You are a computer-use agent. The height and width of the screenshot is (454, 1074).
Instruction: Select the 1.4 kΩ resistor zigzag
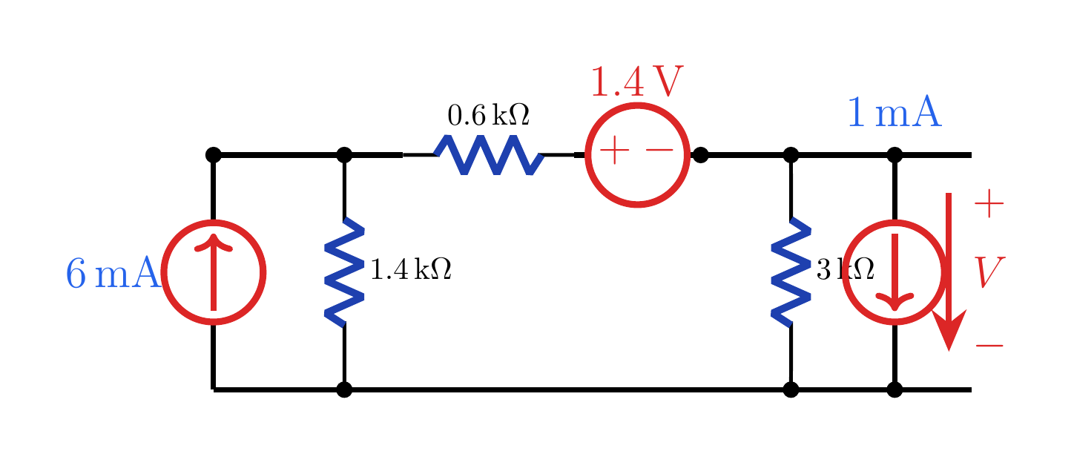(344, 272)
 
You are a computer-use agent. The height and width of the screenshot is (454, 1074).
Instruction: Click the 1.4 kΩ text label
(411, 269)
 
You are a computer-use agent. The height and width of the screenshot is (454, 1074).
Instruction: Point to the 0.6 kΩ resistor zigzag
(489, 155)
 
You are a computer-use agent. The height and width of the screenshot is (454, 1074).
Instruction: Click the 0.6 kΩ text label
(488, 115)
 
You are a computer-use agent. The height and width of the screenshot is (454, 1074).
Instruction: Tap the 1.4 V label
(637, 82)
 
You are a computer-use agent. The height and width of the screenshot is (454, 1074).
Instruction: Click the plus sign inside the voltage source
(614, 151)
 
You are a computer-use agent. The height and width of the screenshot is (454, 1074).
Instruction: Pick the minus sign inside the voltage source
(659, 151)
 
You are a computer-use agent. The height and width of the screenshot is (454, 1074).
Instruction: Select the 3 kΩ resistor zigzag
(791, 272)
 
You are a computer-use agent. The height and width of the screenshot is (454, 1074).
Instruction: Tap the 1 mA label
(895, 112)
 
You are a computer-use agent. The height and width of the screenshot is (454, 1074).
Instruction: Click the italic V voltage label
(989, 272)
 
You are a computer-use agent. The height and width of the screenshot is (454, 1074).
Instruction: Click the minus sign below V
(989, 345)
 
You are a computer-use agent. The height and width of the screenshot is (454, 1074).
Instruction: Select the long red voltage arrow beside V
(949, 272)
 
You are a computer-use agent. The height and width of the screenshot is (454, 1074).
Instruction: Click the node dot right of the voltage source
(700, 155)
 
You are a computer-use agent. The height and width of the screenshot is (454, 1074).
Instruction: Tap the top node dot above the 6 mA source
(214, 155)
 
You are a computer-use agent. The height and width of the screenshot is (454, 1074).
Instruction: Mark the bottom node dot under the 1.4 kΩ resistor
(344, 389)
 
